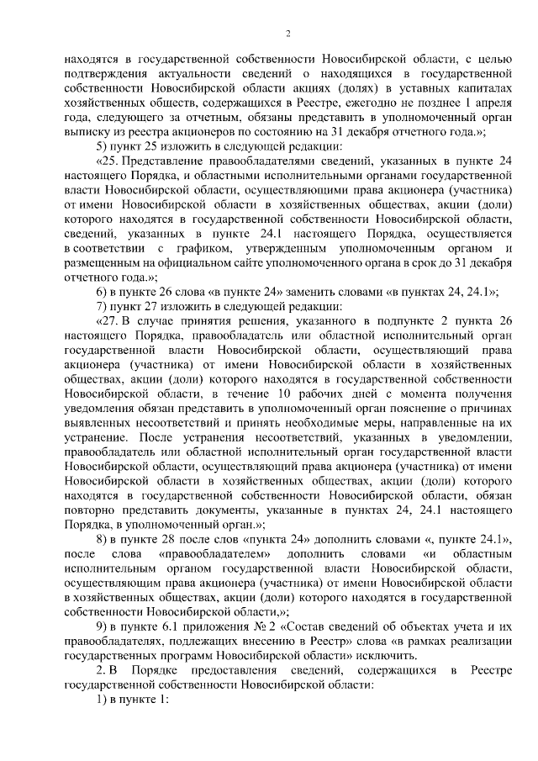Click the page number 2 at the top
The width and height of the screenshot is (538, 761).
tap(287, 34)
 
